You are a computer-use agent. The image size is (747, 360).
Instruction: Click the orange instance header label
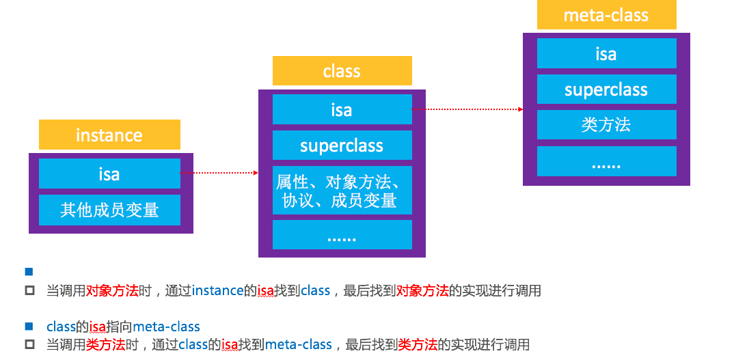pos(109,135)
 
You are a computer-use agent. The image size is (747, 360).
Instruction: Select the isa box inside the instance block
pos(109,174)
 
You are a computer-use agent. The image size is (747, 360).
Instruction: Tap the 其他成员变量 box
pos(109,210)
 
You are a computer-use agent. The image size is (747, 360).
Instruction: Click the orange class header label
pos(342,71)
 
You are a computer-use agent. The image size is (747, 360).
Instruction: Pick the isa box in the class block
pos(342,109)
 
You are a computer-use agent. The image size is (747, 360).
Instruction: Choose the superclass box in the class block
pos(342,146)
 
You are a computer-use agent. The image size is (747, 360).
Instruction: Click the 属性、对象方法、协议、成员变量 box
pos(342,191)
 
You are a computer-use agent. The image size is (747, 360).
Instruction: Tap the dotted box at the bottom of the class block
pos(342,235)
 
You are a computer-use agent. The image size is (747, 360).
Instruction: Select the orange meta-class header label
pos(606,15)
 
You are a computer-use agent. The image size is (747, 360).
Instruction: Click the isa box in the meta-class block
pos(606,53)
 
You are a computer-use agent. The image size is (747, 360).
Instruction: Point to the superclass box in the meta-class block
pos(606,89)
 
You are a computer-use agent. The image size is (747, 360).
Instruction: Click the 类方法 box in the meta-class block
pos(606,124)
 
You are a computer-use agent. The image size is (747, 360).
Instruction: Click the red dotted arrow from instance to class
pos(219,174)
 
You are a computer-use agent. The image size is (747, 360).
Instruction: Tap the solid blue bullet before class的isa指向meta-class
pos(29,327)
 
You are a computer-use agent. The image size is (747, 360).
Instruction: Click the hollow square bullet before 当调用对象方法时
pos(29,291)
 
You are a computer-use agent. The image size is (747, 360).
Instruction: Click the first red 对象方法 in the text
pos(112,291)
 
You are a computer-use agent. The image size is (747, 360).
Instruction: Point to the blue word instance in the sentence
pos(218,291)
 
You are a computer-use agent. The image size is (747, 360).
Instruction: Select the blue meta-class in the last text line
pos(298,344)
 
